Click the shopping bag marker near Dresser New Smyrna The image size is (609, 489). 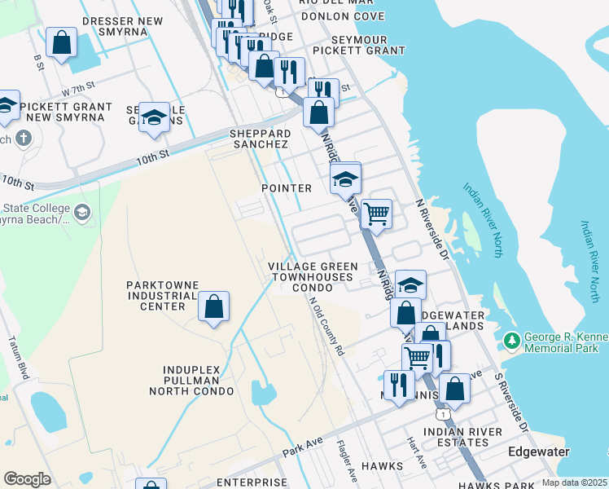[61, 43]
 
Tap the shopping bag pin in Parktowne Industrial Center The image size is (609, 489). [213, 307]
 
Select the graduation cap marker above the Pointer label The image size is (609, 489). [346, 179]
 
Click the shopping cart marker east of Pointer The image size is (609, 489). [375, 214]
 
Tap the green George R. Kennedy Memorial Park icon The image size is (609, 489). [511, 339]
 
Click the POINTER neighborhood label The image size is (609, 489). [287, 188]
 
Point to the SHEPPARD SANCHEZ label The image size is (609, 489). [260, 139]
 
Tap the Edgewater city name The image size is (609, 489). [538, 451]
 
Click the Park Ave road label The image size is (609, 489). [303, 445]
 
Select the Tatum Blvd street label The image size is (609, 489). [17, 355]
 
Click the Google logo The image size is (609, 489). [27, 478]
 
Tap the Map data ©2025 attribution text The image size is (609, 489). [575, 482]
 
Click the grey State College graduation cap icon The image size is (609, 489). [82, 214]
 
